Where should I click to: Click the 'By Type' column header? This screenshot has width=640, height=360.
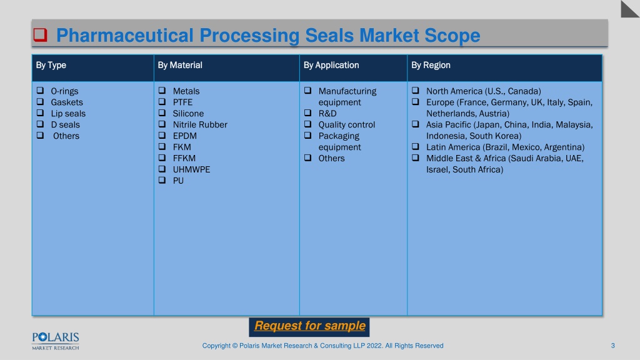pyautogui.click(x=51, y=65)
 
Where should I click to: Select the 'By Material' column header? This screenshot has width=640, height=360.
pyautogui.click(x=180, y=65)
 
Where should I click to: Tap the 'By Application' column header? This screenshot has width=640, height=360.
pyautogui.click(x=331, y=65)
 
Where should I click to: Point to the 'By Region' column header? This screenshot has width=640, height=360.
pyautogui.click(x=431, y=65)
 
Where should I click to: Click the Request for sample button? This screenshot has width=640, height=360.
pyautogui.click(x=309, y=327)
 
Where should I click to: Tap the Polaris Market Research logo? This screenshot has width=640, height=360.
pyautogui.click(x=56, y=341)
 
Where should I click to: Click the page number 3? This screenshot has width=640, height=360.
pyautogui.click(x=612, y=346)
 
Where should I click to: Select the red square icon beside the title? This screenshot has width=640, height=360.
pyautogui.click(x=40, y=35)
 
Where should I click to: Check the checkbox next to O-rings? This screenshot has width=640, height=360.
pyautogui.click(x=40, y=90)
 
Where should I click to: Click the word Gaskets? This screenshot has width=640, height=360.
pyautogui.click(x=67, y=102)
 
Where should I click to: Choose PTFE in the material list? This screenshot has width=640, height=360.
pyautogui.click(x=182, y=102)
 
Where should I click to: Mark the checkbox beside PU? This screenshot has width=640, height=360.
pyautogui.click(x=162, y=180)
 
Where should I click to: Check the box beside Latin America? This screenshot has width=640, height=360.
pyautogui.click(x=416, y=146)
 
